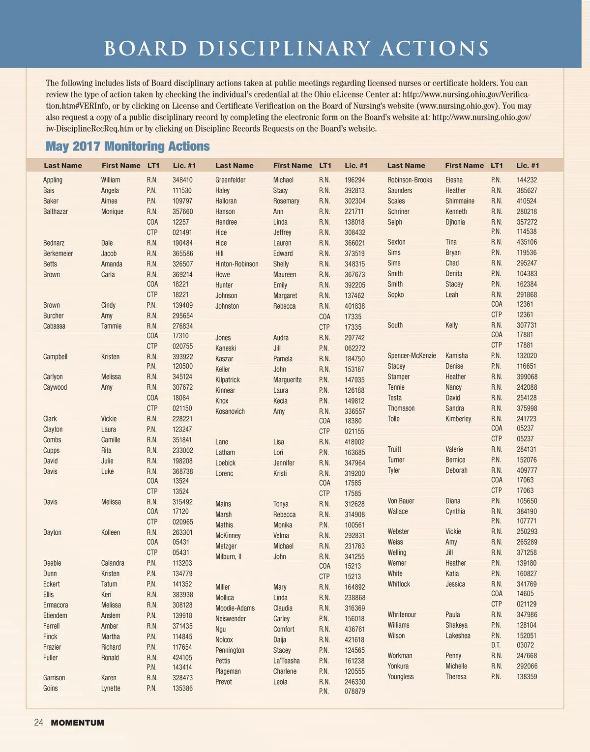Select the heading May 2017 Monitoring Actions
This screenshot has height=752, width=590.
[127, 146]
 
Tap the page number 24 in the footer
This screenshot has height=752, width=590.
[38, 723]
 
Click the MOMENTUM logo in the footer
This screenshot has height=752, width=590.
[77, 723]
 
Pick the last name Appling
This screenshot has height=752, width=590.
[53, 180]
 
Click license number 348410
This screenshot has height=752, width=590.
[182, 180]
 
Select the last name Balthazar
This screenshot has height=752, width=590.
[56, 211]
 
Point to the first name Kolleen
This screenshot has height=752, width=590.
[111, 532]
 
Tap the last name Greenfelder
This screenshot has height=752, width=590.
[230, 180]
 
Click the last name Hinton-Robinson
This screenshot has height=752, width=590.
[236, 264]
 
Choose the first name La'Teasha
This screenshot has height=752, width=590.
[286, 661]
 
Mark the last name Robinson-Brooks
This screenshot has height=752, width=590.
[410, 180]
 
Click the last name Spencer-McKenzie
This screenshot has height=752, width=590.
[412, 355]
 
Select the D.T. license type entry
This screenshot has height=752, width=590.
[496, 645]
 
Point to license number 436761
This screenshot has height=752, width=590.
[354, 629]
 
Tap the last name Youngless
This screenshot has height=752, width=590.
[400, 676]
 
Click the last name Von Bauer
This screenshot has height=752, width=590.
[401, 501]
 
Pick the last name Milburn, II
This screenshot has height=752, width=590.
[228, 556]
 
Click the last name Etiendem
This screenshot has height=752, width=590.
[55, 615]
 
